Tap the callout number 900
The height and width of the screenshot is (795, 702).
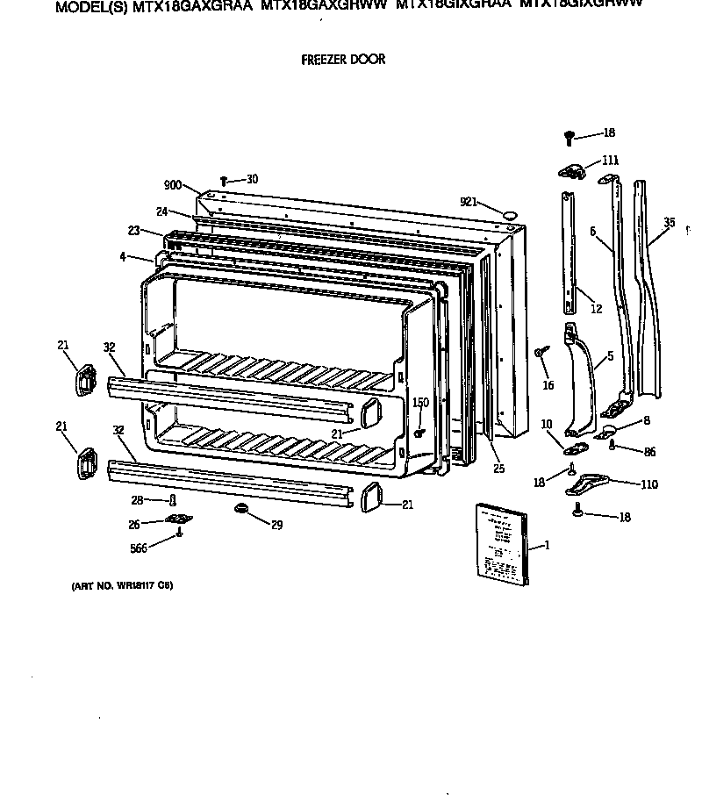click(172, 185)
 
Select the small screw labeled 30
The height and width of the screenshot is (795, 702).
click(224, 181)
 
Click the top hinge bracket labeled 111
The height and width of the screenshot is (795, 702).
click(570, 173)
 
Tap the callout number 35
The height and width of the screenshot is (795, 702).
click(670, 223)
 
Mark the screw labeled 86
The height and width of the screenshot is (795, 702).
click(612, 447)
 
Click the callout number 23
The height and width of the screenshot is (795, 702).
click(133, 231)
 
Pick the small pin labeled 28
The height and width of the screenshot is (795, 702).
click(173, 500)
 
